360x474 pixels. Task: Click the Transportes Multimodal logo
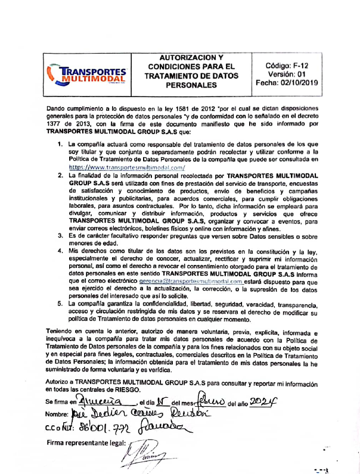pyautogui.click(x=88, y=74)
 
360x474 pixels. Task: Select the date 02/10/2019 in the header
pyautogui.click(x=299, y=83)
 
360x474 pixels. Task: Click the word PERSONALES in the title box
pyautogui.click(x=192, y=86)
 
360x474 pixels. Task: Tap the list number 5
pyautogui.click(x=60, y=303)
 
